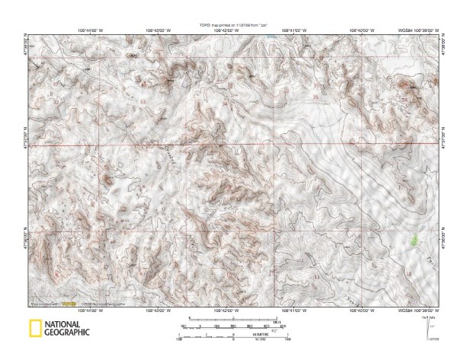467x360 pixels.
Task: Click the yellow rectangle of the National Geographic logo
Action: tap(35, 329)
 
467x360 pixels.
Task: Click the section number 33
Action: tap(142, 101)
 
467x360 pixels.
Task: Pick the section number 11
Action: tap(317, 279)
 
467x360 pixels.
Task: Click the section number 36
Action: tap(405, 100)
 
